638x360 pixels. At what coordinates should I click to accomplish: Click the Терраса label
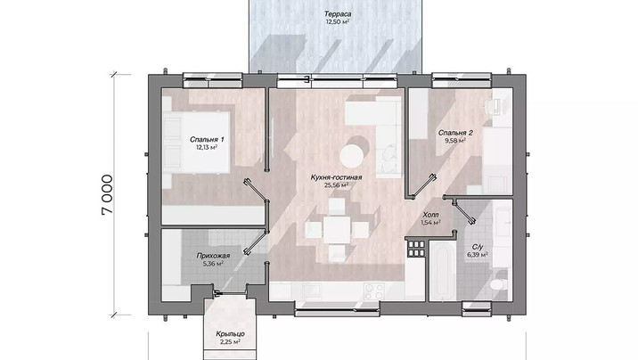coord(338,14)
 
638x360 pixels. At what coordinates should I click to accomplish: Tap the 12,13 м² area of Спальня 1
coord(207,147)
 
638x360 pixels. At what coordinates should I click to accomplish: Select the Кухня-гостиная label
coord(336,177)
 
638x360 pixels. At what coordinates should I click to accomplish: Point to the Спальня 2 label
coord(455,133)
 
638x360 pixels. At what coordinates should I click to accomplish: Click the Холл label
coord(430,215)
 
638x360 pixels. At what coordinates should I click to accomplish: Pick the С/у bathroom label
coord(478,247)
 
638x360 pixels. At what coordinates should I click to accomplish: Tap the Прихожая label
coord(213,256)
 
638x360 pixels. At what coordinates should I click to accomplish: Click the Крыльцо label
coord(230,334)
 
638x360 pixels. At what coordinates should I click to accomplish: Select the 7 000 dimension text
coord(107,194)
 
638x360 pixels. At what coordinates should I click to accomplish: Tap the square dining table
coord(337,230)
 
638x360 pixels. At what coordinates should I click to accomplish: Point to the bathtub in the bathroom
coord(443,271)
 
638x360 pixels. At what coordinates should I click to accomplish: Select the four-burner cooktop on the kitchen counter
coord(374,291)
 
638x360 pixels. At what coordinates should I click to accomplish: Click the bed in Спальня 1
coord(196,140)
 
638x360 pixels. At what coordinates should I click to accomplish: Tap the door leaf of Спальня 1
coord(256,191)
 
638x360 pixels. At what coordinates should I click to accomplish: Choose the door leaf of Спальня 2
coord(424,186)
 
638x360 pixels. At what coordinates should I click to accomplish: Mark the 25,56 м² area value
coord(336,185)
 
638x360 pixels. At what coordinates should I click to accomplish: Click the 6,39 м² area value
coord(478,255)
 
